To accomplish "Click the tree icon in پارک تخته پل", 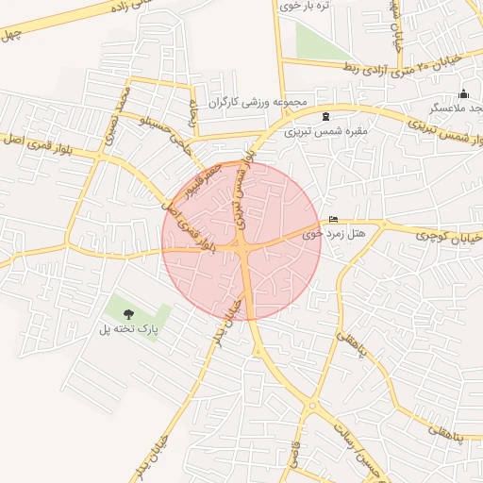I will coord(129,314).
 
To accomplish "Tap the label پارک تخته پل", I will coord(125,330).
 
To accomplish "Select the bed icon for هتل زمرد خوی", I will coord(333,220).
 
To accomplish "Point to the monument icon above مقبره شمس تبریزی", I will coord(326,117).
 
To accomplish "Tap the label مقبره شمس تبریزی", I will coord(326,131).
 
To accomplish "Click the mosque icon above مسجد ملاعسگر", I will coord(462,93).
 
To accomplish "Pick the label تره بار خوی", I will coord(311,7).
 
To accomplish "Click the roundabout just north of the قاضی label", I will coord(312,407).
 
